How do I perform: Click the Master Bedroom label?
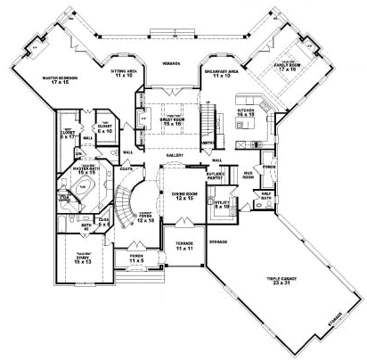pos(59,79)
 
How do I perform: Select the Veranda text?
pos(172,63)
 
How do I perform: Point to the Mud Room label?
pos(240,176)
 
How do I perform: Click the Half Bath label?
pos(265,199)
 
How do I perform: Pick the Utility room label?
pos(223,204)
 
